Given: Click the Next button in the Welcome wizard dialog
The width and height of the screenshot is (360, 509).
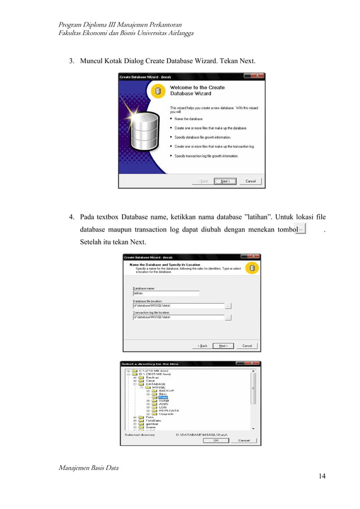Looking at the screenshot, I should [x=225, y=181].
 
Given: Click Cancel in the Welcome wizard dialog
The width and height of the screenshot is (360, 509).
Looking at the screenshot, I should [x=251, y=181].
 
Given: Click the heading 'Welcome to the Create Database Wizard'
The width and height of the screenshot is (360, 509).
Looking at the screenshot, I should [x=197, y=91].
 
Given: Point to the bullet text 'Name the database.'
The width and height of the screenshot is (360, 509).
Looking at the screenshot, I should [x=188, y=119].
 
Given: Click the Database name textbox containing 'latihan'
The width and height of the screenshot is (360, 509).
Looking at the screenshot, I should [x=165, y=293].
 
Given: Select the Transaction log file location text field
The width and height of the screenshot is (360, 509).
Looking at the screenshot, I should [x=178, y=318].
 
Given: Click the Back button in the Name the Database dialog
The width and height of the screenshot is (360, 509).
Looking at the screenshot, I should [x=202, y=345].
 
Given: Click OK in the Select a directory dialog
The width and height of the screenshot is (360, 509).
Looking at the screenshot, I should [x=216, y=440].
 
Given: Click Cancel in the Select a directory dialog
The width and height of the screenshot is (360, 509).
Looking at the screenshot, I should [x=244, y=440].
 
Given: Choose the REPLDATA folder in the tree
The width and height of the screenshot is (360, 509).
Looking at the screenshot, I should [x=169, y=410].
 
